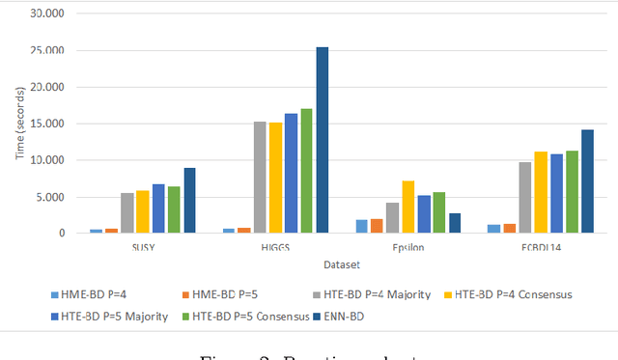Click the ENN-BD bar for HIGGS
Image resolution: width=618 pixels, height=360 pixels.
coord(322,140)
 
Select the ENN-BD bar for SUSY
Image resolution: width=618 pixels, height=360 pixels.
coord(190,201)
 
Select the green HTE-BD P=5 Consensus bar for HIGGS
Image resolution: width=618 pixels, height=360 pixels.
coord(306,171)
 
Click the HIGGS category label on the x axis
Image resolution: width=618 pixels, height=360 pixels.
coord(275,246)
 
